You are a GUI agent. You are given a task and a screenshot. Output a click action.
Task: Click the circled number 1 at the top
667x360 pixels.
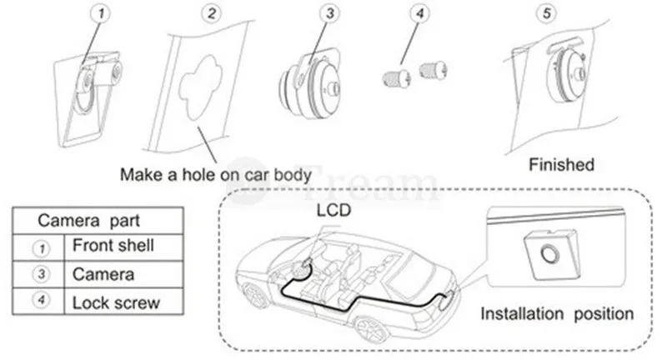point(101,13)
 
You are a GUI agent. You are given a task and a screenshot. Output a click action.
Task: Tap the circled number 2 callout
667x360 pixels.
point(212,13)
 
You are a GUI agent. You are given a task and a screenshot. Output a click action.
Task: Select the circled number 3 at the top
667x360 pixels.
point(329,13)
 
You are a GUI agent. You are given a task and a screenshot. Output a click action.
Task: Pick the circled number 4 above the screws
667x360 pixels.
point(419,13)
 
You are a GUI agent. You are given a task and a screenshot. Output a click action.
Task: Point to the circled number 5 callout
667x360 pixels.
point(547,13)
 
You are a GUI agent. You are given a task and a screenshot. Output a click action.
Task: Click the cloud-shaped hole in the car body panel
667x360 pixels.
point(200,87)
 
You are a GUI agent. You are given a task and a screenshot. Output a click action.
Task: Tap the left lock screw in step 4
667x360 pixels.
point(396,77)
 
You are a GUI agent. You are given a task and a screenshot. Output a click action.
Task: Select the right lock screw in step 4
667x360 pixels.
point(433,69)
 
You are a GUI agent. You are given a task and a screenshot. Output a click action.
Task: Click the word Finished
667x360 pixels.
point(561,164)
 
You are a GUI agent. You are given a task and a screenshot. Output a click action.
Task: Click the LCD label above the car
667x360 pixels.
point(334,210)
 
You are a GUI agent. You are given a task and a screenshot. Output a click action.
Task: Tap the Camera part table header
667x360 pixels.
point(89,221)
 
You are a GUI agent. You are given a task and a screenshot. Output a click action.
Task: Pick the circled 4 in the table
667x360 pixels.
point(41,300)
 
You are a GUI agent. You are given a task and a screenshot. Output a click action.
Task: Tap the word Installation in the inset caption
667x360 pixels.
point(522,313)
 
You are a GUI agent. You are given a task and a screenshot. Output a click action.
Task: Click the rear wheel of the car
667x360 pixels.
point(371,328)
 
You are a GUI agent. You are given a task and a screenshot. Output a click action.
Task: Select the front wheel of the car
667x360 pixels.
point(255,294)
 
